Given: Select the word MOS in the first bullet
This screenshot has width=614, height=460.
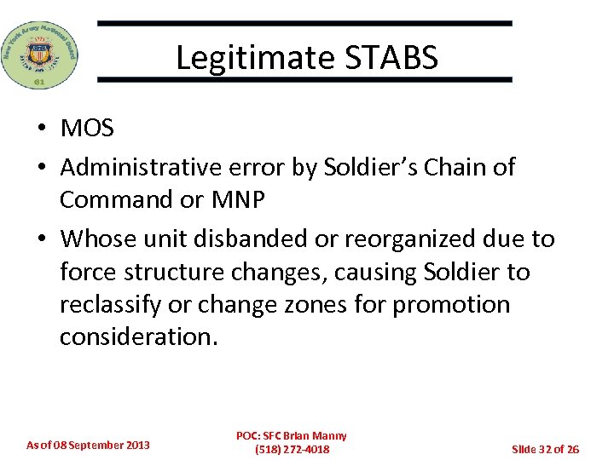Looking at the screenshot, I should coord(87,129).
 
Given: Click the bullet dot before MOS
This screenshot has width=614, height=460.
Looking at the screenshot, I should coord(41,129).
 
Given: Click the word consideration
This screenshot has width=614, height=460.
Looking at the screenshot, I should coord(138,336).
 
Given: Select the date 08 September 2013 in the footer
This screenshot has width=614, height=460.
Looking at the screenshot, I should coord(96,445).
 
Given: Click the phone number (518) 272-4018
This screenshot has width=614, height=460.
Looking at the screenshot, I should coord(292,449).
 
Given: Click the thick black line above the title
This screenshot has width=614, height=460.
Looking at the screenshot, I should coord(304,24).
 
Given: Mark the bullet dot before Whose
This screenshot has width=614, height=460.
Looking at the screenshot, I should coord(41,240).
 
